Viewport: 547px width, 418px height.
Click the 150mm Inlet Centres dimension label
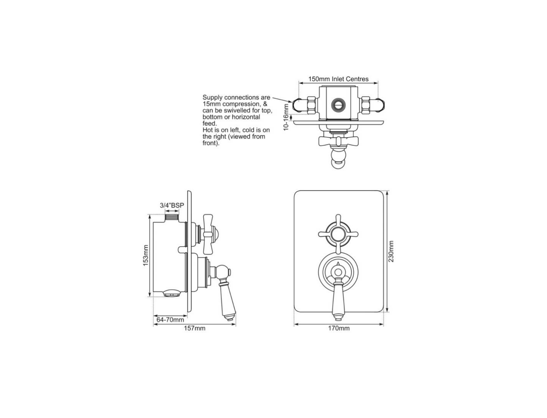tap(338, 79)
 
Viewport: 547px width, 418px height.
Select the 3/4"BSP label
tap(172, 206)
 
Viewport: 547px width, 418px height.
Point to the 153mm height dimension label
tap(145, 255)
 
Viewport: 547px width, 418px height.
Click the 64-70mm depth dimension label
tap(170, 320)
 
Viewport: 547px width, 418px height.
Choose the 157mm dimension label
tap(194, 328)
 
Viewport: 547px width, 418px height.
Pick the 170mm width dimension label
tap(339, 328)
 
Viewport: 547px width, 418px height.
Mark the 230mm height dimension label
tap(391, 251)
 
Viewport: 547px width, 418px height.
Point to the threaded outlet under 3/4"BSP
tap(172, 217)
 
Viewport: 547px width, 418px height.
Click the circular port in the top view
tap(337, 104)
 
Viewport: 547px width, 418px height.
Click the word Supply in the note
tap(212, 97)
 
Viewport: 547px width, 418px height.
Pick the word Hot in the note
tap(208, 130)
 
